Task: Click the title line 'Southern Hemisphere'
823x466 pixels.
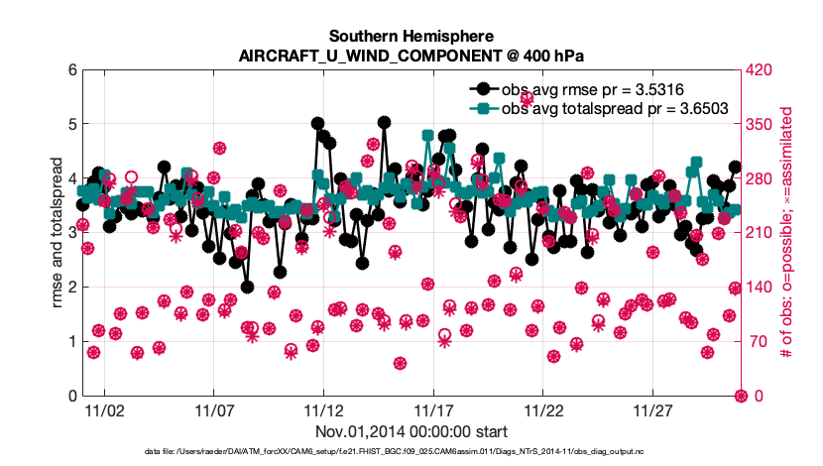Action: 411,37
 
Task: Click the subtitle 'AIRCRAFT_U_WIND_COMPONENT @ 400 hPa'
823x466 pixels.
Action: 411,56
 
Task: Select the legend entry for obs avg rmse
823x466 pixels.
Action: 576,89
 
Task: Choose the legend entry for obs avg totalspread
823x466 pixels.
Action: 598,109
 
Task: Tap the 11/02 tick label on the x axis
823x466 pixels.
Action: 104,410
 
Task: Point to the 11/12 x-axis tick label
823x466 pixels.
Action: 324,410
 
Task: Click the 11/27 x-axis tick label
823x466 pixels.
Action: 652,410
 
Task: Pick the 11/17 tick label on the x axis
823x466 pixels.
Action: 433,410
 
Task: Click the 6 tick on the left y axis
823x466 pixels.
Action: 72,69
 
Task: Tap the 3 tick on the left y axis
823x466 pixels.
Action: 72,232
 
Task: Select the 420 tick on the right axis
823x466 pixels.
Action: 759,69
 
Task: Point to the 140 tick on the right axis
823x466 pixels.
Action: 759,288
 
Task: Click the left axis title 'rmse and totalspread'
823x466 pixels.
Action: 57,232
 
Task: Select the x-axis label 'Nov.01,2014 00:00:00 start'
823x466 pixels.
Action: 411,432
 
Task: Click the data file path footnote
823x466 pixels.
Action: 394,451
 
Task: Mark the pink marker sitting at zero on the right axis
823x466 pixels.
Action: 741,396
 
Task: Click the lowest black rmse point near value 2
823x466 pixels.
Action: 247,288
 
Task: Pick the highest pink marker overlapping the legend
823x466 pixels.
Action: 527,98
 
